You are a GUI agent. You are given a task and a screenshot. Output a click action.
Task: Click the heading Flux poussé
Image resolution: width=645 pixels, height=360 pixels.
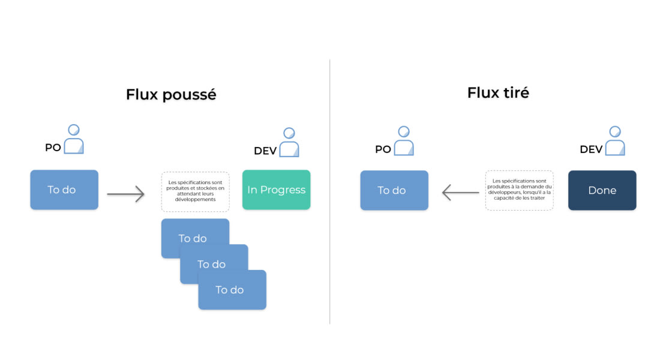pyautogui.click(x=171, y=95)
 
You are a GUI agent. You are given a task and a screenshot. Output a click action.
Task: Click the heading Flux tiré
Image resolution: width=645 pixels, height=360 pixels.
pyautogui.click(x=498, y=93)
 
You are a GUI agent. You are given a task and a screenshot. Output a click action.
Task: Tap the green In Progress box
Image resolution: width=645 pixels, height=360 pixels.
pyautogui.click(x=276, y=190)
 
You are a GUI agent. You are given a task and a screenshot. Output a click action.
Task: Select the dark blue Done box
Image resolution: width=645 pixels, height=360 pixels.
pyautogui.click(x=602, y=190)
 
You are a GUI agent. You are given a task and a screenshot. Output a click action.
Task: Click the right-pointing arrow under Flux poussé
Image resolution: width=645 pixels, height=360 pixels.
pyautogui.click(x=126, y=194)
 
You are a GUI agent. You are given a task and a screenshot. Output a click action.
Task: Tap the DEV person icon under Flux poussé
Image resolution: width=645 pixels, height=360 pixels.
pyautogui.click(x=289, y=142)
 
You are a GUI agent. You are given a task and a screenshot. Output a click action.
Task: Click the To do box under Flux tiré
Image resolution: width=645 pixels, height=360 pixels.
pyautogui.click(x=394, y=190)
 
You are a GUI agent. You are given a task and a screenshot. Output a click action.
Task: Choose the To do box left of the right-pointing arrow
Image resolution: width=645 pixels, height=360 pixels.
pyautogui.click(x=64, y=190)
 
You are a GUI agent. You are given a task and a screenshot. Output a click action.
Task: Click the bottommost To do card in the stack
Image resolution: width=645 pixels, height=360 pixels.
pyautogui.click(x=232, y=290)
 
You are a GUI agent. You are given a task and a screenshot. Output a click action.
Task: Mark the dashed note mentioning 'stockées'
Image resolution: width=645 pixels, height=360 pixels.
pyautogui.click(x=196, y=191)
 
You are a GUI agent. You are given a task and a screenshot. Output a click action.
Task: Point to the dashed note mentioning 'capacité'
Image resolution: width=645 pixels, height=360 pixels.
pyautogui.click(x=520, y=190)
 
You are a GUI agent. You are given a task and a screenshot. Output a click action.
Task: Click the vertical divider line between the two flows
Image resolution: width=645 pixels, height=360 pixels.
pyautogui.click(x=330, y=192)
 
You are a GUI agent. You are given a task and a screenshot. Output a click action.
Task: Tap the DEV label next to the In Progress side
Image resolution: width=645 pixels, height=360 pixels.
pyautogui.click(x=265, y=151)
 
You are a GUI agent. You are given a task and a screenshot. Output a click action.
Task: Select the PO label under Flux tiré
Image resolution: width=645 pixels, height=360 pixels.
pyautogui.click(x=383, y=149)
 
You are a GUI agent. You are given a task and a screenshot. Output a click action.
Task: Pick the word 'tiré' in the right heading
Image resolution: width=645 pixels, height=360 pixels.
pyautogui.click(x=515, y=93)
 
